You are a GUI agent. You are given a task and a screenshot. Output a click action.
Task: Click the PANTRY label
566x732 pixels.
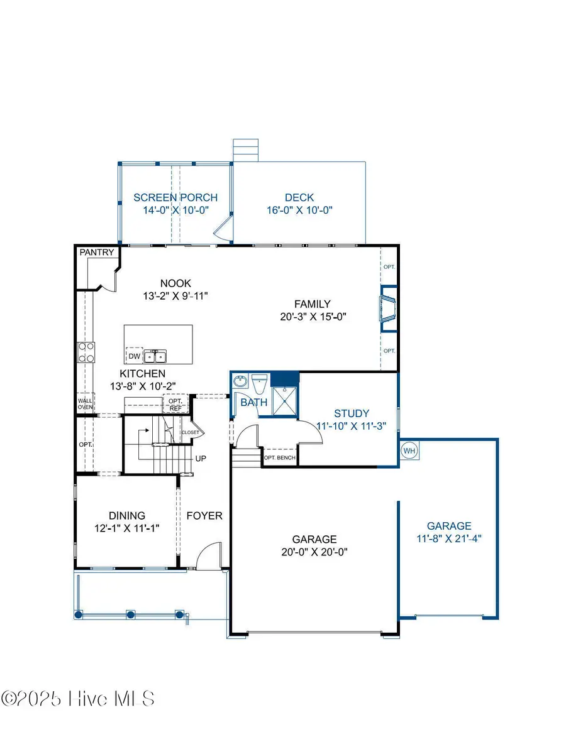pyautogui.click(x=97, y=253)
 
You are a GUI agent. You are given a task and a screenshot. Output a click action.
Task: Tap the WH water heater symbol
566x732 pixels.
pyautogui.click(x=409, y=451)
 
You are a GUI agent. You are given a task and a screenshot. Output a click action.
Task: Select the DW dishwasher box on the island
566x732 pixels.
pyautogui.click(x=134, y=356)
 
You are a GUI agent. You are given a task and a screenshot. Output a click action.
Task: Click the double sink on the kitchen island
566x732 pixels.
pyautogui.click(x=155, y=356)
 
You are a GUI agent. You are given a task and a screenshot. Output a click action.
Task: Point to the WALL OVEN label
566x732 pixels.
pyautogui.click(x=85, y=403)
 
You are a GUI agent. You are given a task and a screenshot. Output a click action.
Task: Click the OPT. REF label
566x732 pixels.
pyautogui.click(x=175, y=404)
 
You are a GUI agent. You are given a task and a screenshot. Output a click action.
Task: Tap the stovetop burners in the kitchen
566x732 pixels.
pyautogui.click(x=86, y=352)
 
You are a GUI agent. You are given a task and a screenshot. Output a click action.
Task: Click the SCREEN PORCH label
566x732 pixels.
pyautogui.click(x=175, y=198)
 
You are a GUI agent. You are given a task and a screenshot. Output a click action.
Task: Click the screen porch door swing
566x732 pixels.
pyautogui.click(x=223, y=229)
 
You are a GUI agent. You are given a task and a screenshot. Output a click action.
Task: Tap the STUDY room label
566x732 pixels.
pyautogui.click(x=352, y=413)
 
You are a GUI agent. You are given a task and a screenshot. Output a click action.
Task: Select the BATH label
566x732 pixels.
pyautogui.click(x=254, y=402)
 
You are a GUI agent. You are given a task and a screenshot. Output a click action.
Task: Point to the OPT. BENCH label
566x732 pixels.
pyautogui.click(x=279, y=457)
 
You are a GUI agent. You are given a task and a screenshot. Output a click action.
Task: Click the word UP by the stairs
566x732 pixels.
pyautogui.click(x=201, y=459)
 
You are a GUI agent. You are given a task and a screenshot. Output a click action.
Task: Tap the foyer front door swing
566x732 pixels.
pyautogui.click(x=208, y=556)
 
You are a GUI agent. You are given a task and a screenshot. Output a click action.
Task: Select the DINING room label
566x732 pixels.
pyautogui.click(x=127, y=515)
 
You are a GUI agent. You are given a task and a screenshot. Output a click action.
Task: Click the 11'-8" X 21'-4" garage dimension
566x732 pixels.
pyautogui.click(x=448, y=538)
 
